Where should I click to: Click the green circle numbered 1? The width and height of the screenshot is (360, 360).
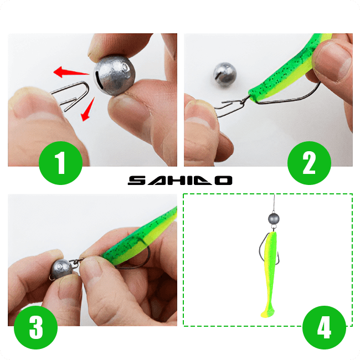tap(60, 163)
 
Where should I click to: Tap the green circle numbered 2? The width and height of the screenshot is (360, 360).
tap(309, 163)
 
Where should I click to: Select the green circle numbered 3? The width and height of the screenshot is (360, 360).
tap(36, 327)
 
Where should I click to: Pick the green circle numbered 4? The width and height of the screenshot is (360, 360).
tap(324, 327)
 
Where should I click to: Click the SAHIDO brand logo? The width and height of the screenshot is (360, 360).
tap(180, 181)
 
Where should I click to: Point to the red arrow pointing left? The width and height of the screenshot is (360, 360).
tap(71, 72)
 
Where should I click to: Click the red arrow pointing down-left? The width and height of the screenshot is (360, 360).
tap(88, 109)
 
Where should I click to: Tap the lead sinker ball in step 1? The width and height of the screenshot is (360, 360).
tap(114, 75)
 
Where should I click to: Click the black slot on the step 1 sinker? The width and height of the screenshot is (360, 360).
tap(98, 80)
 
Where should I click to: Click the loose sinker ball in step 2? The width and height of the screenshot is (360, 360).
tap(225, 75)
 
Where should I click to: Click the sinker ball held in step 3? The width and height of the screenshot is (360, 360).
tap(61, 269)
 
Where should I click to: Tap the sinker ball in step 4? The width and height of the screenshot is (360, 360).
tap(274, 219)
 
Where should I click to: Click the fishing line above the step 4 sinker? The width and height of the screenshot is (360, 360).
tap(274, 203)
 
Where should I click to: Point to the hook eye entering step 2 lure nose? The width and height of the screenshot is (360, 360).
tap(248, 98)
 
